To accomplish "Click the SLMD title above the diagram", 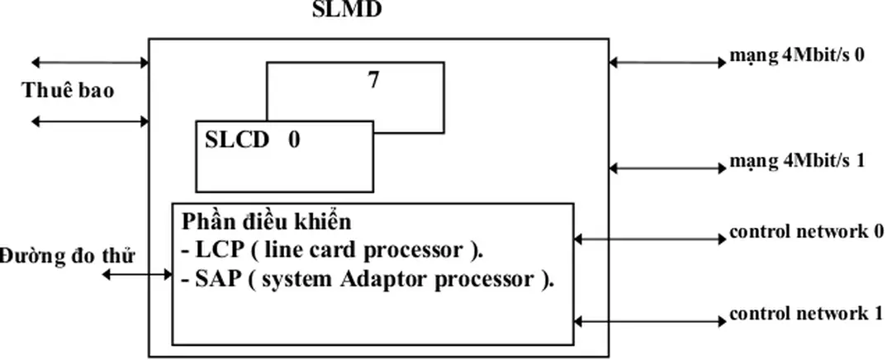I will point(347,11).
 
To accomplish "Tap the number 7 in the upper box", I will point(373,81).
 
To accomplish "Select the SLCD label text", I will point(237,140).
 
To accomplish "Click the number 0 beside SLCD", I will point(294,140).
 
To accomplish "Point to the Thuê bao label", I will point(68,91).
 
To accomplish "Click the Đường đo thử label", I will point(68,253).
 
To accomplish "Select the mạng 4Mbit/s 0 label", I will point(796,58).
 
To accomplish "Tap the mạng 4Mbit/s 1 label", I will point(796,161).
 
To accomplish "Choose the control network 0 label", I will point(806,231).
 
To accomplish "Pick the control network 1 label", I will point(806,315).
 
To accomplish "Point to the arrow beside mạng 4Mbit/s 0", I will point(667,62).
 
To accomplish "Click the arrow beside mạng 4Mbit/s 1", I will point(667,168).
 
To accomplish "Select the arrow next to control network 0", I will point(648,239).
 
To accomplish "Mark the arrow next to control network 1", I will point(648,320).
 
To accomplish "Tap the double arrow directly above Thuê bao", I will point(89,62).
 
